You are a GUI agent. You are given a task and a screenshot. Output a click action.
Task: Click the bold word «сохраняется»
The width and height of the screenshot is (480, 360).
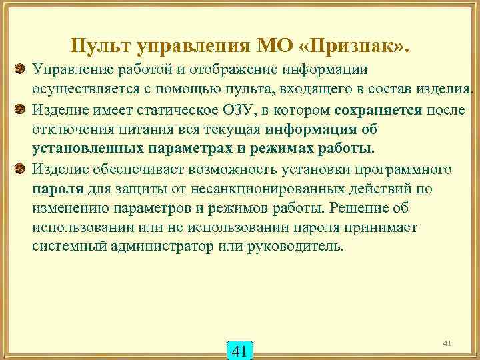379,109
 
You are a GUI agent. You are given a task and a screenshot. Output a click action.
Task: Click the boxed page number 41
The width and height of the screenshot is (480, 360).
241,350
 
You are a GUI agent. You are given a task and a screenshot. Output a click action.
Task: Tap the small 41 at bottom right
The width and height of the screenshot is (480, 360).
447,343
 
